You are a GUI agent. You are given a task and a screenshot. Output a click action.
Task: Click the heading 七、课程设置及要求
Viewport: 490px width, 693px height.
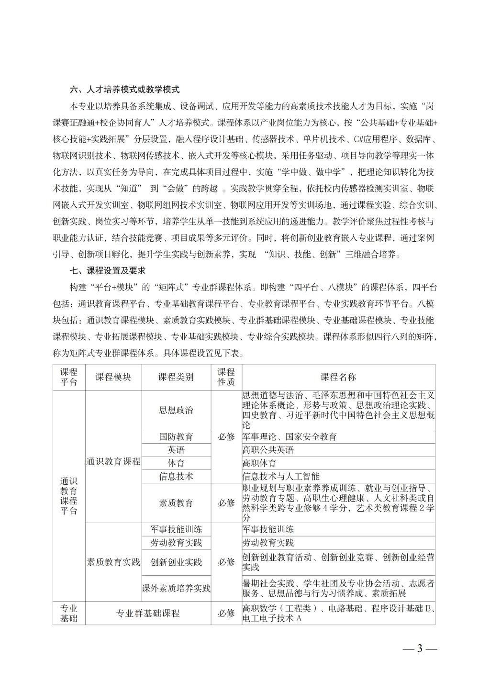(x=107, y=271)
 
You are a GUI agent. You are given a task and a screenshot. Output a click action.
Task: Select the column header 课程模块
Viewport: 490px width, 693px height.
(x=113, y=377)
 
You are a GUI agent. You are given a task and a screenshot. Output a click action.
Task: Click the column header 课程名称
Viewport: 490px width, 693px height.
(x=338, y=377)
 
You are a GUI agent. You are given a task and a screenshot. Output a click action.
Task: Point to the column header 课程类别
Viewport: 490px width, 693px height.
(x=176, y=377)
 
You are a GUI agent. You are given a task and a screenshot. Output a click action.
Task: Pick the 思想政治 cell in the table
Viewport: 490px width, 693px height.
(x=176, y=410)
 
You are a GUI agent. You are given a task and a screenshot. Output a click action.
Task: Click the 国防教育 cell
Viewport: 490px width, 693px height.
(x=176, y=436)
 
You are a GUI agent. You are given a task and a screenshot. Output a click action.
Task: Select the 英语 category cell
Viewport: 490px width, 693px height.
(x=176, y=450)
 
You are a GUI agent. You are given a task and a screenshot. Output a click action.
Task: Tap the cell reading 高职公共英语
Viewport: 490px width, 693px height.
(x=268, y=450)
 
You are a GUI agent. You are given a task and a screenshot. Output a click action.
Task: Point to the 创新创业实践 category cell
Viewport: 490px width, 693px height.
(x=176, y=562)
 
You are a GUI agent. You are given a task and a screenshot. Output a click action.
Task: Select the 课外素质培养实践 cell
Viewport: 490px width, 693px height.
(x=176, y=588)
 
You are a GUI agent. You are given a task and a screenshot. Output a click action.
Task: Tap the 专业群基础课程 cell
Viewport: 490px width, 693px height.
(x=148, y=613)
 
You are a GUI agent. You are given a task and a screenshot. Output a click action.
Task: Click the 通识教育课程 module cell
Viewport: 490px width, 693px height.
(x=113, y=461)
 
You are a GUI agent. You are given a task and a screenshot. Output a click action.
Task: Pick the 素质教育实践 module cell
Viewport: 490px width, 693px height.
(x=113, y=562)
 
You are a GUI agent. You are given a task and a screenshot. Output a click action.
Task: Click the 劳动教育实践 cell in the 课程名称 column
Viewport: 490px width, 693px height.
(x=268, y=543)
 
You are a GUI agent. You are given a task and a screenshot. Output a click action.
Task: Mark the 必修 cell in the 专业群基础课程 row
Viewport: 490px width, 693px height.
(x=226, y=613)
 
